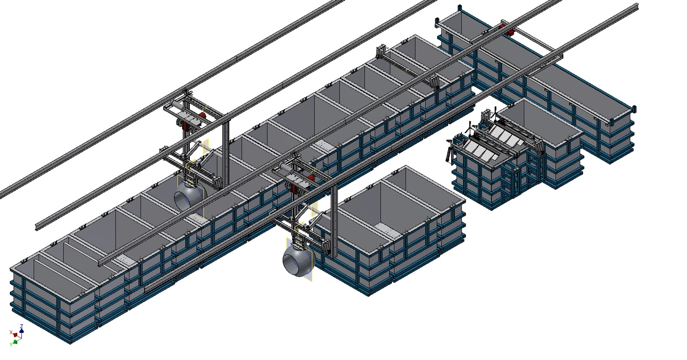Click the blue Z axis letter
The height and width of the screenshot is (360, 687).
pyautogui.click(x=21, y=326)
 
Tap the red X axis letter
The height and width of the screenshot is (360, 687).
pyautogui.click(x=11, y=333)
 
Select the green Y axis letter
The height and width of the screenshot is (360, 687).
pyautogui.click(x=11, y=345)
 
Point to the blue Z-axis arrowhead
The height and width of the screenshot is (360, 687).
pyautogui.click(x=21, y=330)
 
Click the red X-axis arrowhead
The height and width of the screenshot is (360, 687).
pyautogui.click(x=15, y=335)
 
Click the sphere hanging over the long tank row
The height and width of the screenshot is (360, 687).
pyautogui.click(x=190, y=197)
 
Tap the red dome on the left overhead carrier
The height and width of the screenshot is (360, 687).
pyautogui.click(x=202, y=116)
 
